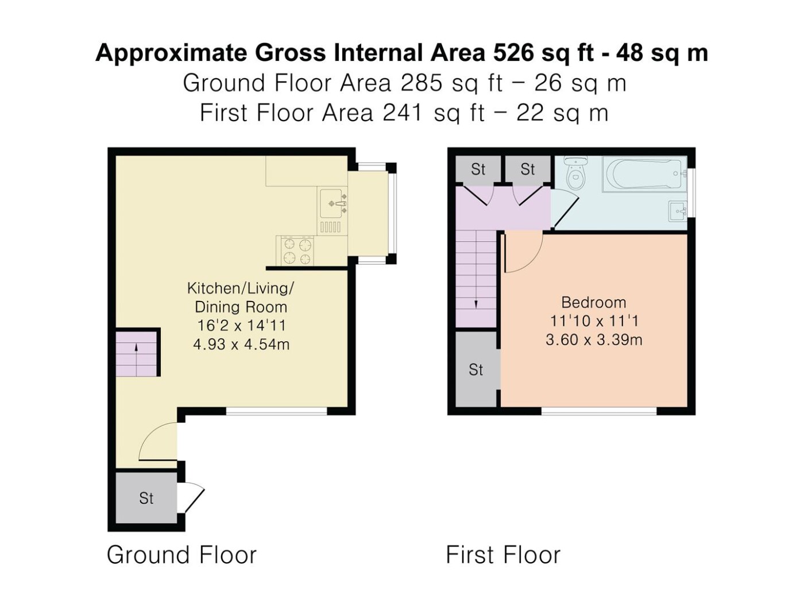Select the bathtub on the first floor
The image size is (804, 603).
coord(645,174)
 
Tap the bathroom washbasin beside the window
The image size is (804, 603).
coord(678,211)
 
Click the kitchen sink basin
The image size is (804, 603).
coord(332,203)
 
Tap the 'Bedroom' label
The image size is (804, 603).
coord(593,303)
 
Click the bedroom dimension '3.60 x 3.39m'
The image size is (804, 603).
coord(594,340)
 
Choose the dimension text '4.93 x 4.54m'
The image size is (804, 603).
coord(241,345)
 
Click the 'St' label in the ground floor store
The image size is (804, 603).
coord(146,498)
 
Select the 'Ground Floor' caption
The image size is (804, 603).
coord(181,555)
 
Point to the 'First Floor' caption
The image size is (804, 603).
coord(503,555)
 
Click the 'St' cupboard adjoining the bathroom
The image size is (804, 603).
coord(527,169)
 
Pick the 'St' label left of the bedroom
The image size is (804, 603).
coord(476,370)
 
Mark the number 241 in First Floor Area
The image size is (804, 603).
coord(403,113)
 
